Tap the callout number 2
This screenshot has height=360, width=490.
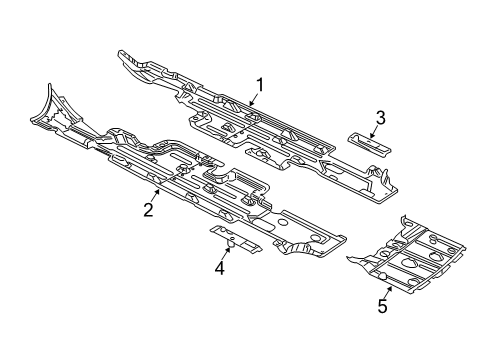pyautogui.click(x=147, y=209)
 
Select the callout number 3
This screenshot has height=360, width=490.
pyautogui.click(x=380, y=119)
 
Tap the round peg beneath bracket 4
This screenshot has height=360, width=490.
pyautogui.click(x=230, y=242)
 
